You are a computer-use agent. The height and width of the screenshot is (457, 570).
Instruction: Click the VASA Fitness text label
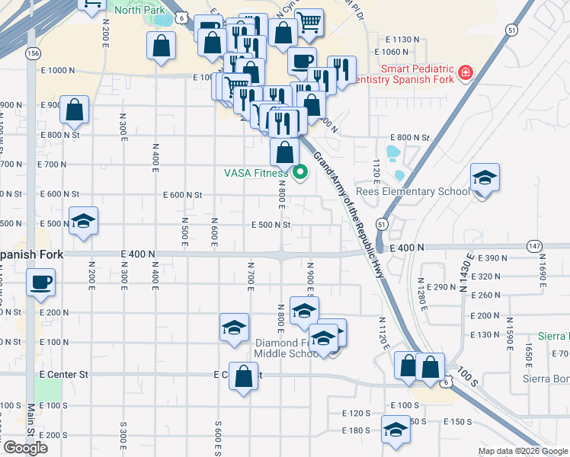pyautogui.click(x=256, y=173)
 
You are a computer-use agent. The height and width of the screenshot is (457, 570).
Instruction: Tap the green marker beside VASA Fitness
pyautogui.click(x=299, y=173)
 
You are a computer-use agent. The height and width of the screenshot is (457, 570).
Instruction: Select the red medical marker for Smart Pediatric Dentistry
pyautogui.click(x=464, y=74)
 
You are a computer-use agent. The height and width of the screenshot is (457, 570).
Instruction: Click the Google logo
pyautogui.click(x=24, y=448)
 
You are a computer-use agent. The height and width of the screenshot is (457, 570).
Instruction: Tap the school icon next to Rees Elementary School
pyautogui.click(x=484, y=178)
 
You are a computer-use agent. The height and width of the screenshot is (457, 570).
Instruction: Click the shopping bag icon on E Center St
pyautogui.click(x=243, y=377)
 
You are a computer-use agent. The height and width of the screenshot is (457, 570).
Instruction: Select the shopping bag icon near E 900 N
pyautogui.click(x=75, y=110)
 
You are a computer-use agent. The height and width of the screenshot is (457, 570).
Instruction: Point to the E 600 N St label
pyautogui.click(x=183, y=195)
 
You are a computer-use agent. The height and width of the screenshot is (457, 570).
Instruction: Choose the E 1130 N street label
pyautogui.click(x=403, y=39)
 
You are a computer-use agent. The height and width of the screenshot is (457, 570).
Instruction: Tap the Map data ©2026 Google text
pyautogui.click(x=524, y=451)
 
